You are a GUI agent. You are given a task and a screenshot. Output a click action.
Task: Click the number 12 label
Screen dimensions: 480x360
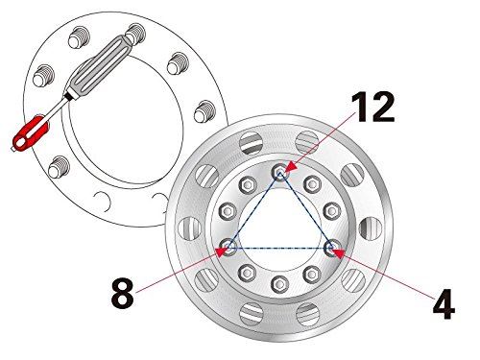coord(372,107)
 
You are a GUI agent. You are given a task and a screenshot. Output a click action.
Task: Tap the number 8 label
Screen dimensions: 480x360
coord(122,293)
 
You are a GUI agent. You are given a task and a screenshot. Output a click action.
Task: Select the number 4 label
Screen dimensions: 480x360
coord(444,304)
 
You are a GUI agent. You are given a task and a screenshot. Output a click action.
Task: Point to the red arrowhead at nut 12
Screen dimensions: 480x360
coord(291,167)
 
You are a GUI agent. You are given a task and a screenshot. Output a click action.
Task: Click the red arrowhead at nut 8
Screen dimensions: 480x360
coord(222,252)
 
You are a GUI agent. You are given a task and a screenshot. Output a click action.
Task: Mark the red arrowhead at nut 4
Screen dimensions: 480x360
coord(338,253)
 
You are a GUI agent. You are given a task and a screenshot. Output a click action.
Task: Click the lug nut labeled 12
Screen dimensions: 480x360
coord(280,173)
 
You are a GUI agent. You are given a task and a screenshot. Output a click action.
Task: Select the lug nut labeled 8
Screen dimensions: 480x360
coord(228,248)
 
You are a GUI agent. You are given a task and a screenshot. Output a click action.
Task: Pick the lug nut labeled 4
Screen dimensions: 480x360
coord(331,248)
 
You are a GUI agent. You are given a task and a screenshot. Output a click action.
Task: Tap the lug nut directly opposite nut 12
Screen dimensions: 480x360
coord(279,283)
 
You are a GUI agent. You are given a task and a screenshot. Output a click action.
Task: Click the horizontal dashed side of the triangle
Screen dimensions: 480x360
coord(279,248)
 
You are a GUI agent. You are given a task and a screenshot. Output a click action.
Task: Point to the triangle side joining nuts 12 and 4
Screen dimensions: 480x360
coord(305,210)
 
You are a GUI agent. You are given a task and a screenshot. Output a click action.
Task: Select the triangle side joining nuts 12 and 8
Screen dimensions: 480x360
coord(254,210)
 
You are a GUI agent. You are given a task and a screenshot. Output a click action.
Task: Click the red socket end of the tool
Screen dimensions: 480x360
coord(31,133)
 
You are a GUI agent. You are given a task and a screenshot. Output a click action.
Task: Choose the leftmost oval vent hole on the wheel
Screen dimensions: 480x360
coord(189,228)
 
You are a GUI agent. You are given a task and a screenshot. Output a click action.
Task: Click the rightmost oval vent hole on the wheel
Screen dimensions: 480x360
coord(371,228)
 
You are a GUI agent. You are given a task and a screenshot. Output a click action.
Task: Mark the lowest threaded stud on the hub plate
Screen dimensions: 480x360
coord(59,167)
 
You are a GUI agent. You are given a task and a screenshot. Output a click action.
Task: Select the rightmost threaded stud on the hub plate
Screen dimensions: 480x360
coord(204,111)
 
